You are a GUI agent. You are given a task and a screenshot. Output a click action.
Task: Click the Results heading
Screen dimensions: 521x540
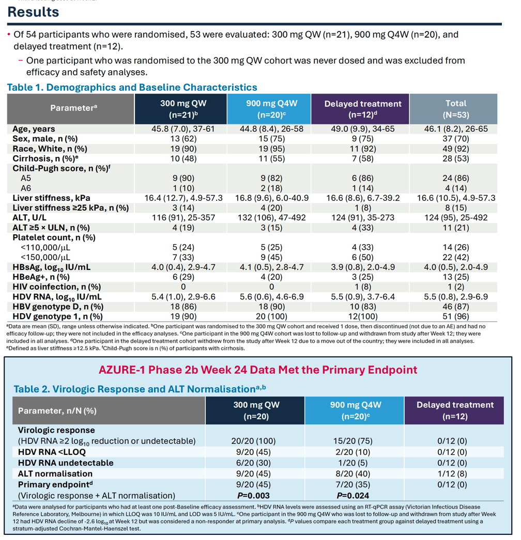tap(33, 12)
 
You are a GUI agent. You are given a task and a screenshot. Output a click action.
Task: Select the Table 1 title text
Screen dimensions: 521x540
tap(132, 87)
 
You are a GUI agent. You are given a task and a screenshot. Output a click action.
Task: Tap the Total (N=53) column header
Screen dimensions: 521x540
tap(456, 109)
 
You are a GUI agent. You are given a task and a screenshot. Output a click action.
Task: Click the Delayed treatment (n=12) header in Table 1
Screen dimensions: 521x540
tap(363, 109)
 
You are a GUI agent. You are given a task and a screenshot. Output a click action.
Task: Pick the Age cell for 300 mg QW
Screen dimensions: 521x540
tap(183, 129)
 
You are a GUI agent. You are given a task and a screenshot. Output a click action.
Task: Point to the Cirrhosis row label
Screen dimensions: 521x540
tap(45, 159)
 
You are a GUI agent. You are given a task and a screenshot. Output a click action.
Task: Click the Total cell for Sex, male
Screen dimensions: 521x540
tap(456, 139)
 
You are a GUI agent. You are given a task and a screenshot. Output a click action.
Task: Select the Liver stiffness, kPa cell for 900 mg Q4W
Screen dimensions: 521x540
tap(272, 198)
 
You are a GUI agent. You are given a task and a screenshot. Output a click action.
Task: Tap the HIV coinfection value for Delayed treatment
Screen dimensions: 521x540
tap(363, 287)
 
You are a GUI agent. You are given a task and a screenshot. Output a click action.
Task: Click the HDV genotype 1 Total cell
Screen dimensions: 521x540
tap(456, 316)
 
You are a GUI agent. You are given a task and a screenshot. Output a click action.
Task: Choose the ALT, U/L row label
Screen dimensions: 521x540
tap(29, 218)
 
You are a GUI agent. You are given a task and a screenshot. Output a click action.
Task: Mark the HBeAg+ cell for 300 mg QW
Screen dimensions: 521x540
tap(183, 277)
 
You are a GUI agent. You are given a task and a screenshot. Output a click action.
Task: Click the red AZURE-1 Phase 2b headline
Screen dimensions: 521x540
tap(258, 370)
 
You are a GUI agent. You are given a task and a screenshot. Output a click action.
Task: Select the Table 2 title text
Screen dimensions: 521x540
tap(140, 389)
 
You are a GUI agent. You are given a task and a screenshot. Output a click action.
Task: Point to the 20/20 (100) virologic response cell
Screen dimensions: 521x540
tap(253, 441)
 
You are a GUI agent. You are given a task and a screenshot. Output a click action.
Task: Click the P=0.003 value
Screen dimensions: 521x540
tap(253, 496)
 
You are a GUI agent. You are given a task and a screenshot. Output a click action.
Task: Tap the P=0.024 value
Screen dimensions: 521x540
tap(353, 496)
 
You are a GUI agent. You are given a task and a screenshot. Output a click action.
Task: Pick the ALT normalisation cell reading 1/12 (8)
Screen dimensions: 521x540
tap(452, 474)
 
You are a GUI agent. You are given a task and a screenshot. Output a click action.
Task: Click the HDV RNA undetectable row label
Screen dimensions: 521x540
tap(66, 463)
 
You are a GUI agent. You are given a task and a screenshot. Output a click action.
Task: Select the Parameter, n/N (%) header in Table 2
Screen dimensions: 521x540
tap(57, 411)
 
